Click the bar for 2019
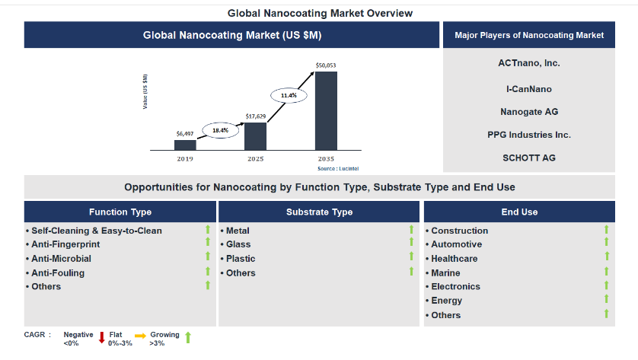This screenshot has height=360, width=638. click(x=185, y=145)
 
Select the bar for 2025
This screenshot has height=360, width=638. click(x=256, y=136)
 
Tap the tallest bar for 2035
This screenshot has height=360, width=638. click(x=326, y=111)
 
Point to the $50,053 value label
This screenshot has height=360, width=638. click(x=326, y=65)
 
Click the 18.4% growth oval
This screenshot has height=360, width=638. click(x=221, y=130)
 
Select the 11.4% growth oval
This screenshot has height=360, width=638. click(x=289, y=95)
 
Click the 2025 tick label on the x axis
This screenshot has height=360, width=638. click(x=256, y=159)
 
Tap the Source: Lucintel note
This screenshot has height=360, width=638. click(x=338, y=168)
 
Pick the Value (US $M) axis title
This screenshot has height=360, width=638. click(x=145, y=91)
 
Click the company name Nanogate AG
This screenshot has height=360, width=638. click(x=529, y=112)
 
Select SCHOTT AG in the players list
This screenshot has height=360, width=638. click(x=529, y=158)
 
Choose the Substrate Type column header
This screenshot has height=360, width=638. click(x=320, y=212)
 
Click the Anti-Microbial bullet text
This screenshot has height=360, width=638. click(x=62, y=259)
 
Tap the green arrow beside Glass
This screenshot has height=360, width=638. click(x=411, y=242)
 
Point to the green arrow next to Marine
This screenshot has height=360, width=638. click(x=606, y=271)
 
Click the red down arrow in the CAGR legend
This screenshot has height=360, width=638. click(x=102, y=337)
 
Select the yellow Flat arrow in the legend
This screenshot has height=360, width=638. click(x=140, y=336)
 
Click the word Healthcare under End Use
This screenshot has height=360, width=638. click(x=455, y=259)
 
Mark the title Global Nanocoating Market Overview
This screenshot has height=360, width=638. click(x=320, y=14)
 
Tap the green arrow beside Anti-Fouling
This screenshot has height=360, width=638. click(x=208, y=271)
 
